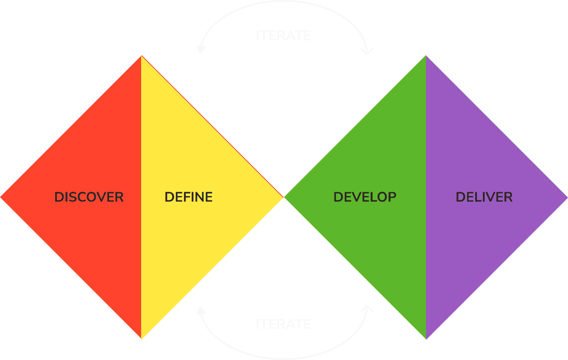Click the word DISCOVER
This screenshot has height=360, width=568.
89,197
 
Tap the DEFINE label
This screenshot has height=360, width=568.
188,197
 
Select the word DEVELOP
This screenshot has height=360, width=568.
364,197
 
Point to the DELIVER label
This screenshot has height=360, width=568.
484,197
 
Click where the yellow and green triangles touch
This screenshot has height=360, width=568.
283,197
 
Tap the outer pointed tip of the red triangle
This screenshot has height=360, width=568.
1,197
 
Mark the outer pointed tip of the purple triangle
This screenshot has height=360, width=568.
566,197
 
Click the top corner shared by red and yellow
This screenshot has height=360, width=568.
141,56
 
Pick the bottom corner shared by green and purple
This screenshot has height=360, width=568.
426,339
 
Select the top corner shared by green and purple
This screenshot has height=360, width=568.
426,56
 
